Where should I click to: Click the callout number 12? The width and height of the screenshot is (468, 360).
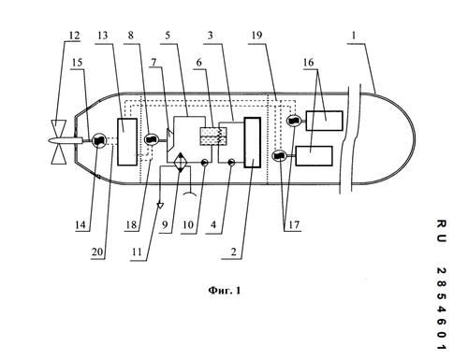[x=74, y=36]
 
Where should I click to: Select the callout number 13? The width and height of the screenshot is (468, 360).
[x=102, y=36]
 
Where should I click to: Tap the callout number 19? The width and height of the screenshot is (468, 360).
[x=256, y=36]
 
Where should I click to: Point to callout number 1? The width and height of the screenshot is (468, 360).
[x=354, y=36]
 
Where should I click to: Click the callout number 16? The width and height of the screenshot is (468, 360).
[x=308, y=63]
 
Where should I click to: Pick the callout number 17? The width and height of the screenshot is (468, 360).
[x=294, y=224]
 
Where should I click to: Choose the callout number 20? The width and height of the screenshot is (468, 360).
[x=97, y=252]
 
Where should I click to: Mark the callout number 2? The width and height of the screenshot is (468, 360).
[x=233, y=252]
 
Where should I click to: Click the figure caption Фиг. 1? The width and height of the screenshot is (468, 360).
[x=225, y=291]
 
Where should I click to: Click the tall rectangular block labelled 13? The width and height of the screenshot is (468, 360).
[x=127, y=142]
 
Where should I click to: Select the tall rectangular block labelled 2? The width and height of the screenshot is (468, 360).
[x=253, y=142]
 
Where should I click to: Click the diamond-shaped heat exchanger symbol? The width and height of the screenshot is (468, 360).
[x=181, y=162]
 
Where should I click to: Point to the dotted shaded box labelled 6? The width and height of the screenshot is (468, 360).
[x=210, y=137]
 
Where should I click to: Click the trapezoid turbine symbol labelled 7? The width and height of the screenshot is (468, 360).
[x=170, y=139]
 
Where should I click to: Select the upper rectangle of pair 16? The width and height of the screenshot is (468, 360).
[x=325, y=121]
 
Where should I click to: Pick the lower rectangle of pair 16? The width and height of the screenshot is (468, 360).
[x=314, y=156]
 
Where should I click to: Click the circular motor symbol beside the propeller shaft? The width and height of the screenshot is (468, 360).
[x=99, y=140]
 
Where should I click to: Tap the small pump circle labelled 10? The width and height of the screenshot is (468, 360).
[x=204, y=162]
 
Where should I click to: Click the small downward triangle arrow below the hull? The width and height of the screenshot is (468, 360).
[x=160, y=206]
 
